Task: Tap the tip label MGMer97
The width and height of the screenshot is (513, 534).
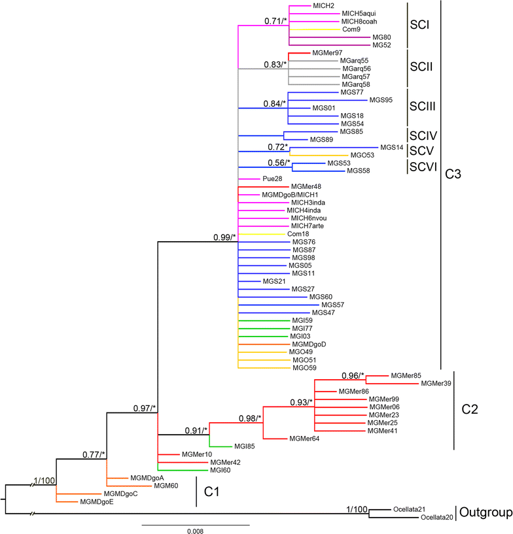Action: (328, 52)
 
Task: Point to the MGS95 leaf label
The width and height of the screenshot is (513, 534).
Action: (381, 100)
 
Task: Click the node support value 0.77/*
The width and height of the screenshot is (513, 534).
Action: (95, 454)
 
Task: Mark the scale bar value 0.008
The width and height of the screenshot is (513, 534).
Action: (194, 531)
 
